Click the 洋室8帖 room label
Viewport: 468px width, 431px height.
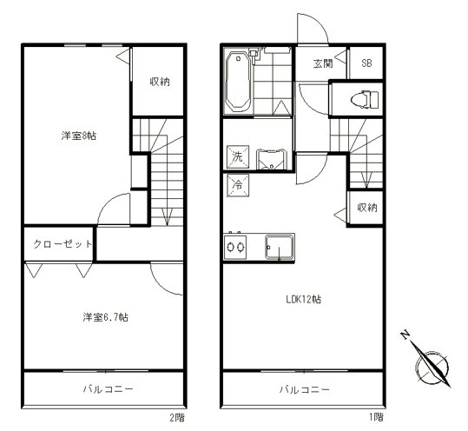coord(79,136)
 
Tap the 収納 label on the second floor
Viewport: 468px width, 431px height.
coord(159,82)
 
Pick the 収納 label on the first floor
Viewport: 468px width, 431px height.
coord(366,208)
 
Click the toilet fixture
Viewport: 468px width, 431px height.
coord(359,99)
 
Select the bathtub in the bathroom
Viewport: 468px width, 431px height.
coord(237,83)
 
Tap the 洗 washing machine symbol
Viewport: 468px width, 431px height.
coord(237,157)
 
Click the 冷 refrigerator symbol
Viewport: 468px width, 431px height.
coord(237,184)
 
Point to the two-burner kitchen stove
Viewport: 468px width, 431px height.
coord(236,248)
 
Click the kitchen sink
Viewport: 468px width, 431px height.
coord(280,247)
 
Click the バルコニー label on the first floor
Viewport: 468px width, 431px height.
coord(304,390)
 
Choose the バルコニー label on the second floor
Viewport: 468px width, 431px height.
coord(107,390)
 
